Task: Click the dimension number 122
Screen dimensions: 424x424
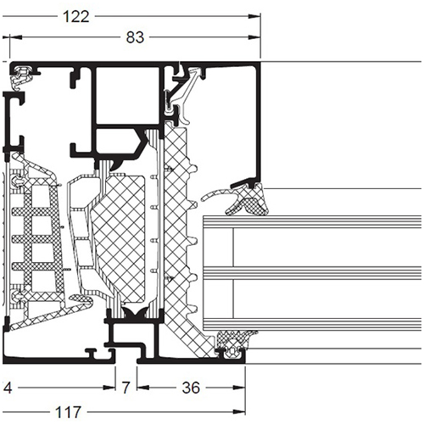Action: [75, 17]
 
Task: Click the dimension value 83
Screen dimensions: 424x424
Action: [135, 37]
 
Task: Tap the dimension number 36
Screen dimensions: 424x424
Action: [191, 388]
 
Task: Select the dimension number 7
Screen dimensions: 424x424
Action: [126, 388]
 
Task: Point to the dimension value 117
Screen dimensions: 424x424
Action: [68, 412]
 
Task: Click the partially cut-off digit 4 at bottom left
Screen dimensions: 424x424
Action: [8, 388]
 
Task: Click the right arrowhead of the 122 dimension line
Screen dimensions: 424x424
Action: [254, 16]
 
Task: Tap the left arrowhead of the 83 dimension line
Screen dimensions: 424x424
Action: [16, 37]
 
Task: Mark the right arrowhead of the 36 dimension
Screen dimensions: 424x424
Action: [239, 388]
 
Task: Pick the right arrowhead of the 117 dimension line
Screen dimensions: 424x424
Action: [239, 412]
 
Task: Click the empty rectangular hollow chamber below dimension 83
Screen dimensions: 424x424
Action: [127, 95]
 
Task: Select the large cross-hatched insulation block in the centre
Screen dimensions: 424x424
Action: [120, 240]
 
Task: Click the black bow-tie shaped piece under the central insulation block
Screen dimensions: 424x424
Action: [134, 313]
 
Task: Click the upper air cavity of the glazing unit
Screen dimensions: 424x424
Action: [327, 247]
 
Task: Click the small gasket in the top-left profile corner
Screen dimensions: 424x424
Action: [22, 77]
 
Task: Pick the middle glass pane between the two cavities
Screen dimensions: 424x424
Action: [312, 273]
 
